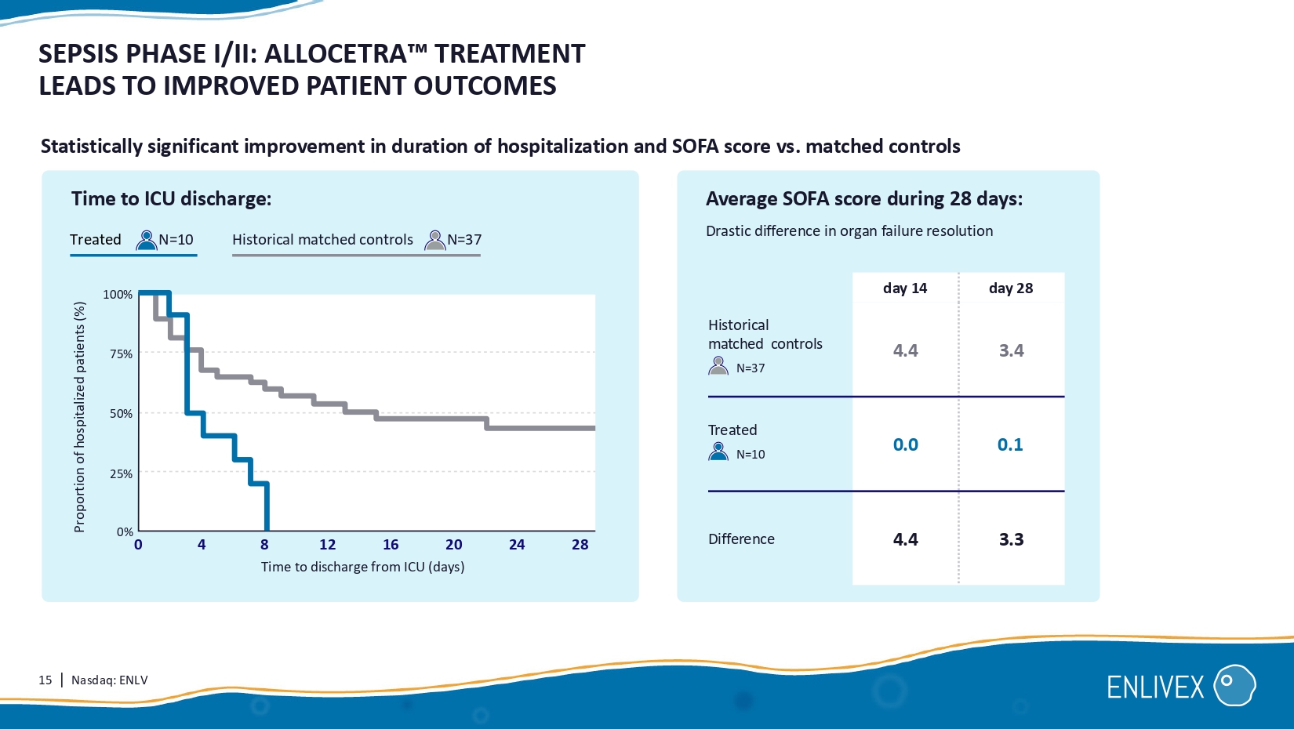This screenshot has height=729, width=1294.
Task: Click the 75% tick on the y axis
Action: coord(121,354)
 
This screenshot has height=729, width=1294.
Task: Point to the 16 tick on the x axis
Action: coord(391,545)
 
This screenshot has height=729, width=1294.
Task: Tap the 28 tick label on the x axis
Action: coord(580,545)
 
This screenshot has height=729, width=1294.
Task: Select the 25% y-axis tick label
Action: coord(121,474)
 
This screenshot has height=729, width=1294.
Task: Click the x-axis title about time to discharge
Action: coord(362,567)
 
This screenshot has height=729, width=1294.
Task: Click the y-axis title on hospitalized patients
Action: coord(79,417)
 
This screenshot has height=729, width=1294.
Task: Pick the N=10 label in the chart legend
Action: coord(176,240)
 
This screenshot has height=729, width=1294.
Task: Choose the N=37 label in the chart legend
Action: coord(464,240)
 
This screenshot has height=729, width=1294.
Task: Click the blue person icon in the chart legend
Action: coord(147,240)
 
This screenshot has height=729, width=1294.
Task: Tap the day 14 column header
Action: coord(905,288)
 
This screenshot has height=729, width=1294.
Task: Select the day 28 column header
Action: coord(1011,288)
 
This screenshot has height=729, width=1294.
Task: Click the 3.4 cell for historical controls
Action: coord(1011,350)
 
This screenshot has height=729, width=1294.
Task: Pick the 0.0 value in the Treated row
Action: coord(905,444)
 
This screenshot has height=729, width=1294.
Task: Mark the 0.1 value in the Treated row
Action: coord(1010,444)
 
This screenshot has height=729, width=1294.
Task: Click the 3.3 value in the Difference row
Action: coord(1011,539)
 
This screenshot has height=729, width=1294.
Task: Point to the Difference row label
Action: coord(741,539)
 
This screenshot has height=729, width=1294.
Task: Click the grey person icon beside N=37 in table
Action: coord(718,366)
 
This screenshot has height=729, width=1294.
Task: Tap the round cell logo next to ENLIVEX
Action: coord(1234,686)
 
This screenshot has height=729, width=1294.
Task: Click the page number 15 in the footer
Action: coord(45,680)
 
